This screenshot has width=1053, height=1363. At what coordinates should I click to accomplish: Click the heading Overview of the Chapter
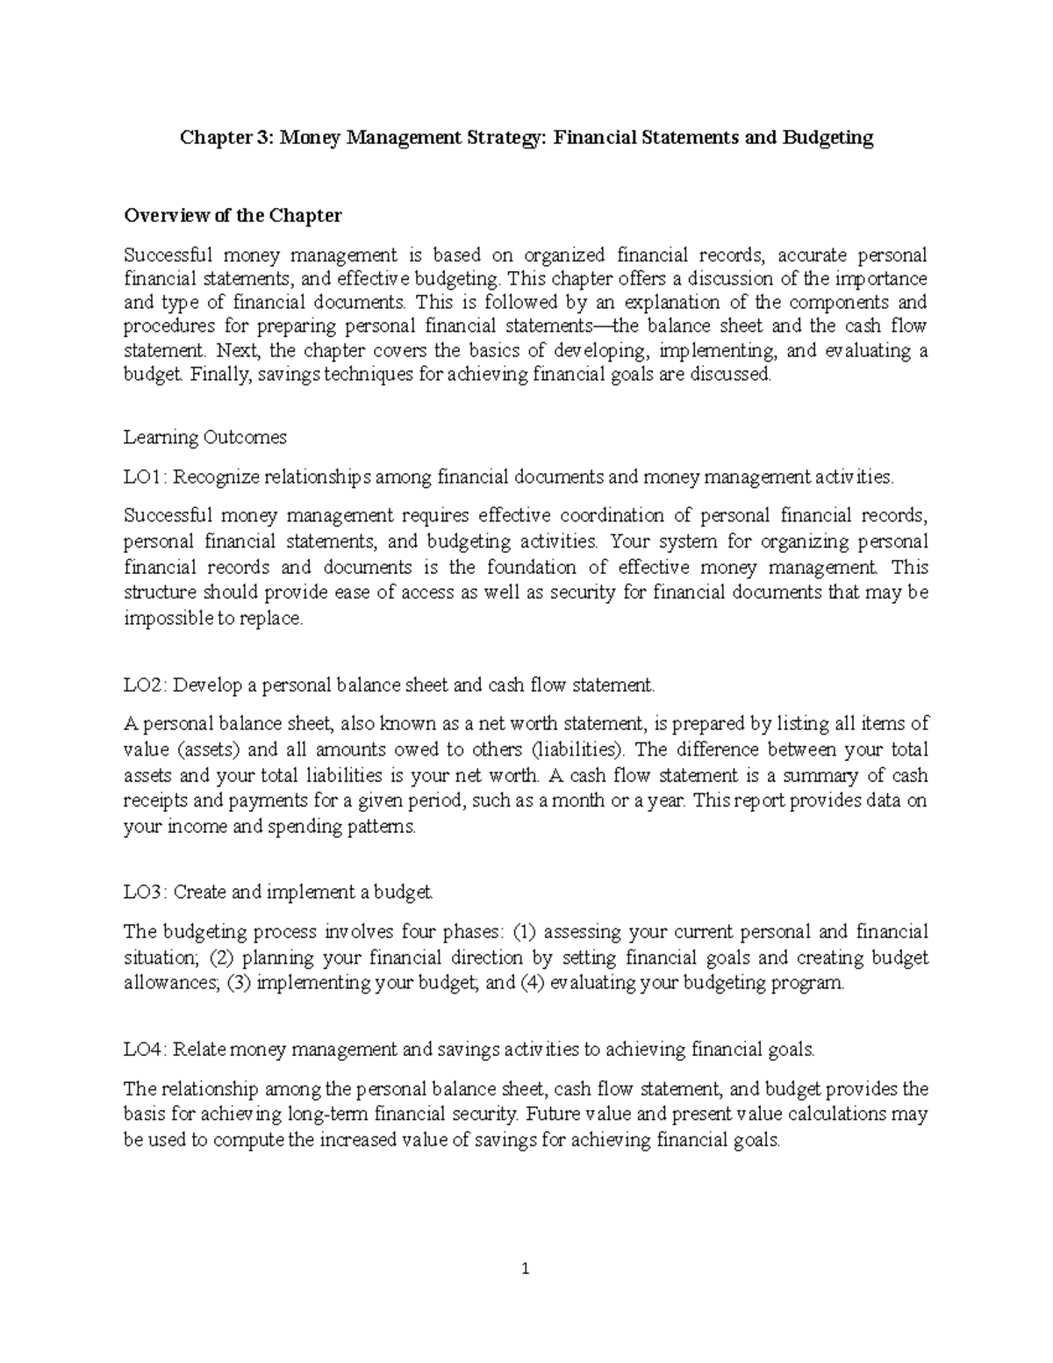tap(233, 216)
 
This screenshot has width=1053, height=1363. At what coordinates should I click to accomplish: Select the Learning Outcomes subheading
tap(205, 437)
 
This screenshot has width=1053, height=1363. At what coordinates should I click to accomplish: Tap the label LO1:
tap(146, 477)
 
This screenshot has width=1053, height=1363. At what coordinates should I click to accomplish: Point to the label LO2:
tap(146, 685)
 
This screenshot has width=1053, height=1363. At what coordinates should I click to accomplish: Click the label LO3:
tap(146, 893)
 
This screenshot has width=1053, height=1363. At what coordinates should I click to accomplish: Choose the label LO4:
tap(146, 1049)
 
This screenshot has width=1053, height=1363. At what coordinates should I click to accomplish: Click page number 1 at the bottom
tap(526, 1293)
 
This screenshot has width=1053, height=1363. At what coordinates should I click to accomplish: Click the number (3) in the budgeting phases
tap(239, 983)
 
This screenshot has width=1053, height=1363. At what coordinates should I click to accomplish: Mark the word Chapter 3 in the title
tap(226, 138)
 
